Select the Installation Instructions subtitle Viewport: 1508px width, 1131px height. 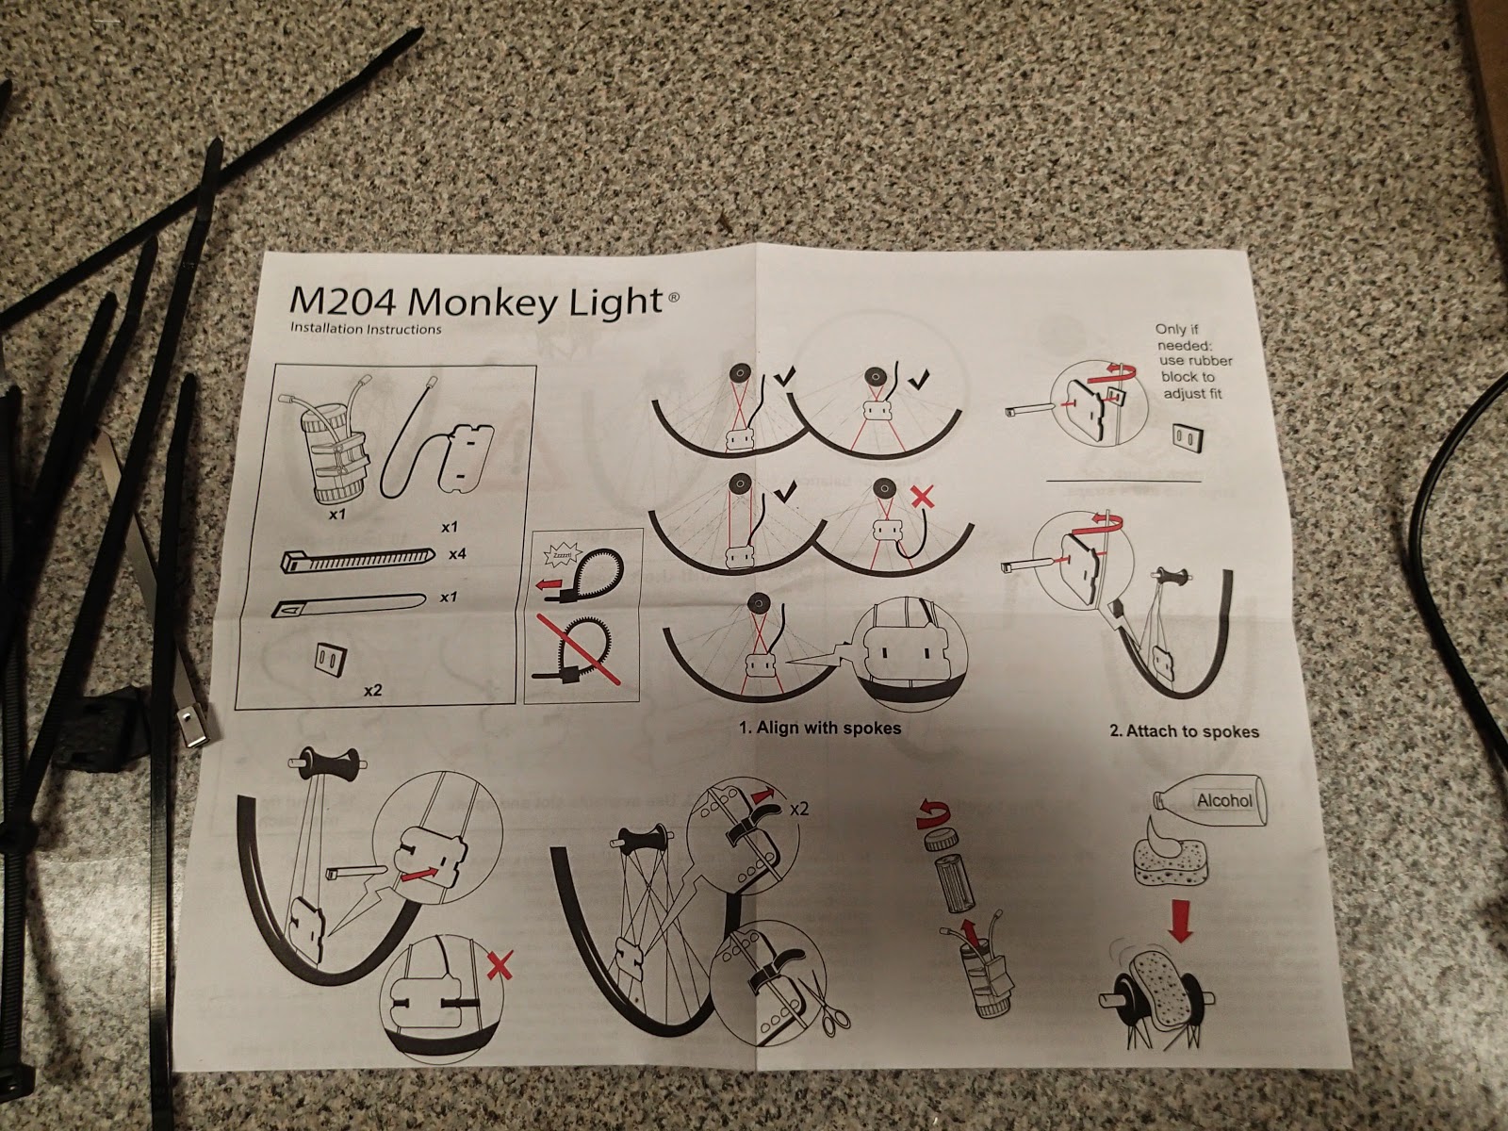click(366, 330)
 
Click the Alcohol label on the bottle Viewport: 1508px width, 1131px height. click(1224, 801)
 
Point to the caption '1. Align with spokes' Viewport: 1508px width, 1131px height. click(819, 728)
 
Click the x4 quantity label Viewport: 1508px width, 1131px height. click(457, 554)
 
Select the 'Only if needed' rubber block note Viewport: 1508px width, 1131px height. click(1193, 362)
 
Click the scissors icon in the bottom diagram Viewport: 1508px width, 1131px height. click(831, 1021)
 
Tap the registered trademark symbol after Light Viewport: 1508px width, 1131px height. click(673, 300)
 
